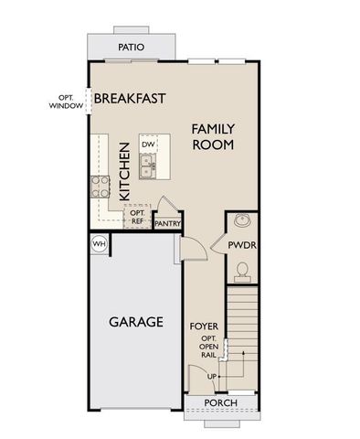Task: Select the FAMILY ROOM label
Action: click(x=212, y=137)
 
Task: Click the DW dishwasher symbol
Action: click(x=148, y=145)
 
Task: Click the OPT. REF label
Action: click(x=137, y=217)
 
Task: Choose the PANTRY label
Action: click(x=166, y=222)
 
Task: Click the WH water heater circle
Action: click(x=99, y=243)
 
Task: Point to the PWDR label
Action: click(x=244, y=246)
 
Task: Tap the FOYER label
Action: click(x=204, y=326)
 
